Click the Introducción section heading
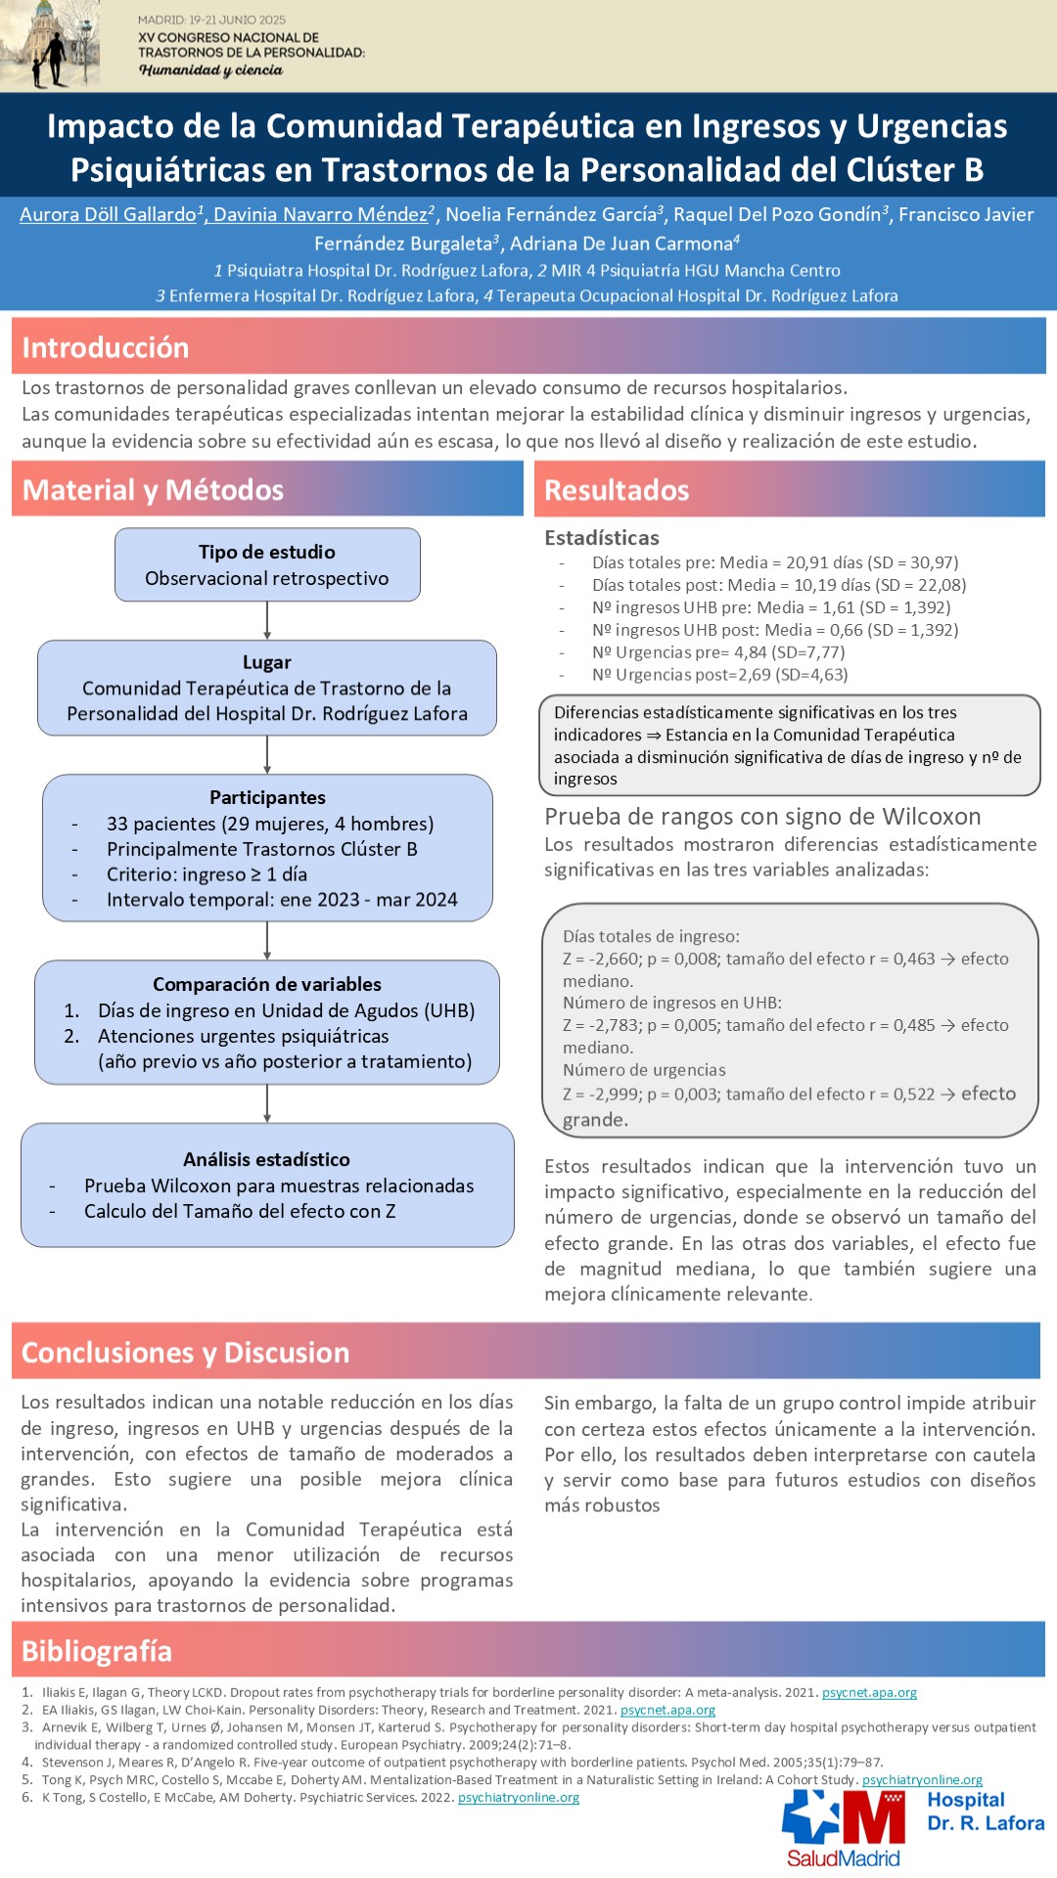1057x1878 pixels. click(x=106, y=348)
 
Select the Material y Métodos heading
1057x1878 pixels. click(x=153, y=490)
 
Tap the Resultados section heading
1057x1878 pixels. click(x=617, y=490)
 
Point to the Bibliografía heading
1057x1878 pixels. click(x=97, y=1651)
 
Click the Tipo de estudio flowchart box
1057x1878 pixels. click(x=267, y=565)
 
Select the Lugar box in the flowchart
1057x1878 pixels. click(x=267, y=688)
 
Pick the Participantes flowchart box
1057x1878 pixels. click(x=267, y=848)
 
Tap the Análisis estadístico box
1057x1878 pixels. click(x=267, y=1185)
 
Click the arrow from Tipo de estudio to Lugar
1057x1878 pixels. click(x=267, y=620)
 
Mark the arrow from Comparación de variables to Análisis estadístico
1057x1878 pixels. click(x=267, y=1103)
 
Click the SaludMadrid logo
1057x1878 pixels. click(x=844, y=1829)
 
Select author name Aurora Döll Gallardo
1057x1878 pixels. click(x=109, y=214)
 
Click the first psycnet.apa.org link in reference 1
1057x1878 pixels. click(x=869, y=1692)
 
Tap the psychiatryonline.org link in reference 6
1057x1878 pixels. click(x=519, y=1797)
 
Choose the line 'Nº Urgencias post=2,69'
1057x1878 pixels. click(x=720, y=675)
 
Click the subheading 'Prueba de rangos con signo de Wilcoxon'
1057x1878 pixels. click(x=762, y=817)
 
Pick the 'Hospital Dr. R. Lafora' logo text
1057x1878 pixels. click(x=986, y=1811)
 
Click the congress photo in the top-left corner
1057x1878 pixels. click(x=50, y=46)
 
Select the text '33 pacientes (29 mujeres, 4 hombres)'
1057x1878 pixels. click(x=270, y=824)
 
